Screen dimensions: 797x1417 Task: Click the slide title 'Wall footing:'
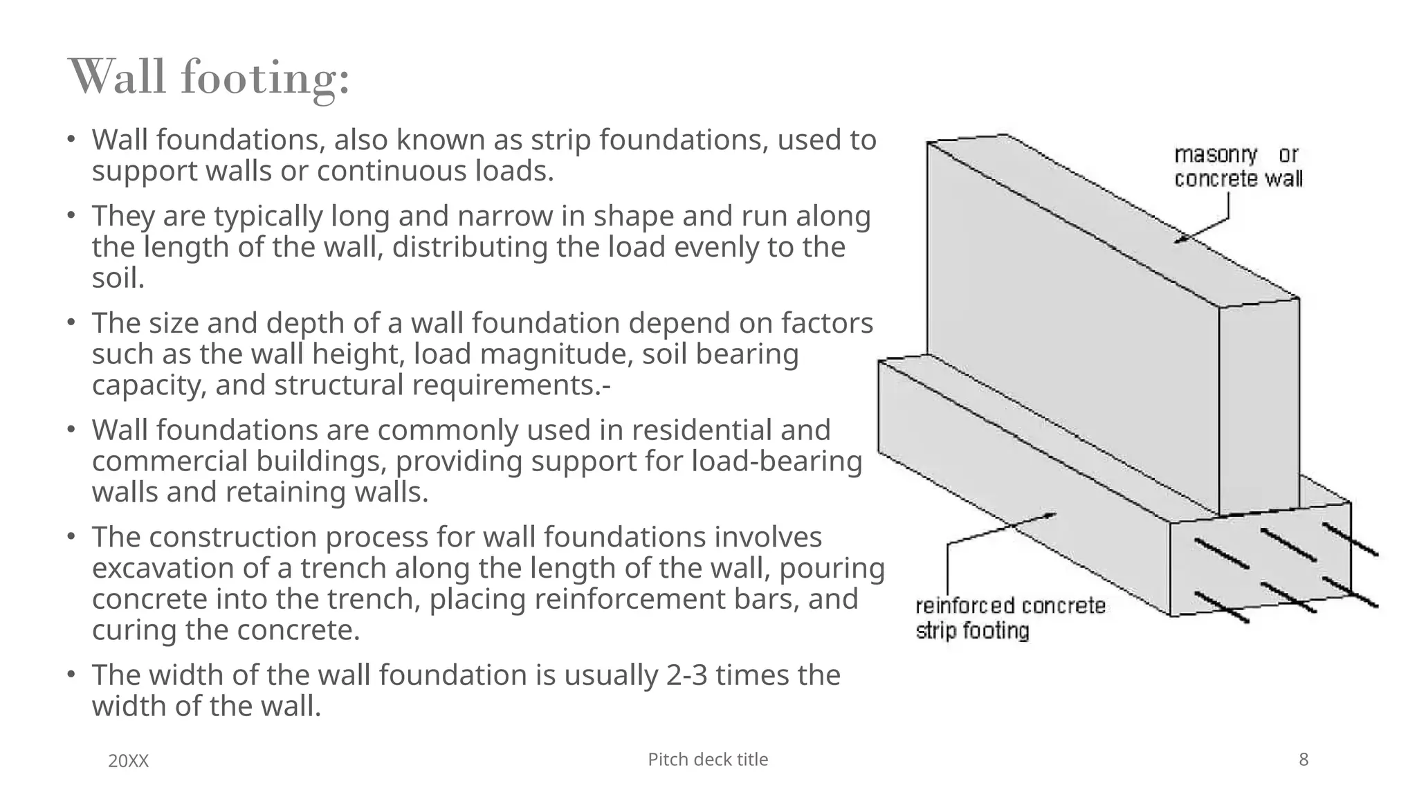click(210, 77)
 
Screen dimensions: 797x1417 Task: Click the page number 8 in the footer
click(1304, 760)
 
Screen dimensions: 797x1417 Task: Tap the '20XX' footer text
click(129, 761)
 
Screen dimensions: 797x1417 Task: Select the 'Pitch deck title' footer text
click(708, 760)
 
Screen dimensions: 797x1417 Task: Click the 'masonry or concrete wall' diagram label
click(1238, 167)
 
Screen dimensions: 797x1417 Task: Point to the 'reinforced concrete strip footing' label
click(1009, 619)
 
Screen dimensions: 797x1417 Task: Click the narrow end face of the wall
click(1259, 408)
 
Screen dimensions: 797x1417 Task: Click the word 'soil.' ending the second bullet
click(118, 278)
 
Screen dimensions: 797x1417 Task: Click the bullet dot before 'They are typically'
click(71, 216)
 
